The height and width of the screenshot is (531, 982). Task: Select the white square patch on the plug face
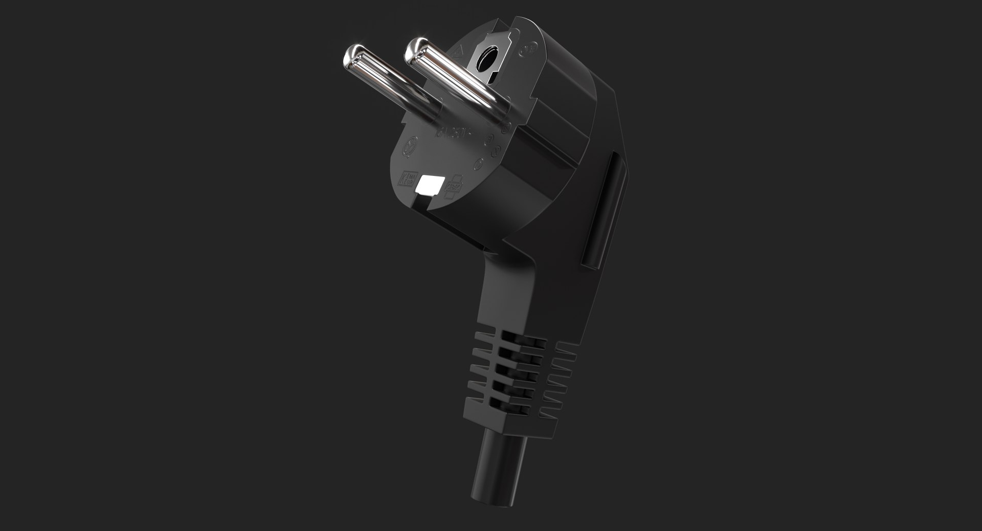coord(428,185)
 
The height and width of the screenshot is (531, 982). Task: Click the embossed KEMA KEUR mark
coord(409,179)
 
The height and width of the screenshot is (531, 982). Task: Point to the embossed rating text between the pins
coord(452,132)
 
